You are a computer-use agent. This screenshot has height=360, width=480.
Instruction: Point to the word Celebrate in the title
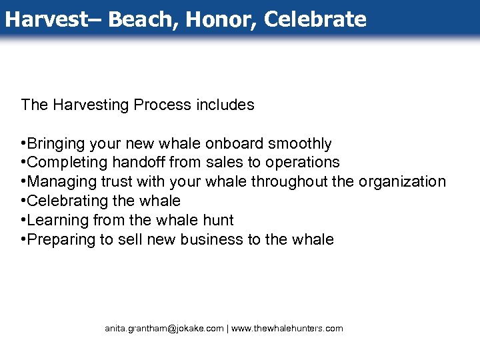click(315, 19)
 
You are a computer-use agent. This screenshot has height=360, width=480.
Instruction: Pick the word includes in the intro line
click(225, 105)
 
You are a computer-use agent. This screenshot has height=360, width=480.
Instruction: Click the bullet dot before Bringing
click(23, 144)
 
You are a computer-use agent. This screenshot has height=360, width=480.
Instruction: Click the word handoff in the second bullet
click(143, 162)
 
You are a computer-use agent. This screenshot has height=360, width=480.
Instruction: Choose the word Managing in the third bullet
click(58, 181)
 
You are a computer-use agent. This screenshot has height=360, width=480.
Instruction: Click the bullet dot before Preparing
click(23, 239)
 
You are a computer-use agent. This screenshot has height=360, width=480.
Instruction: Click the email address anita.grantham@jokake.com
click(164, 329)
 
